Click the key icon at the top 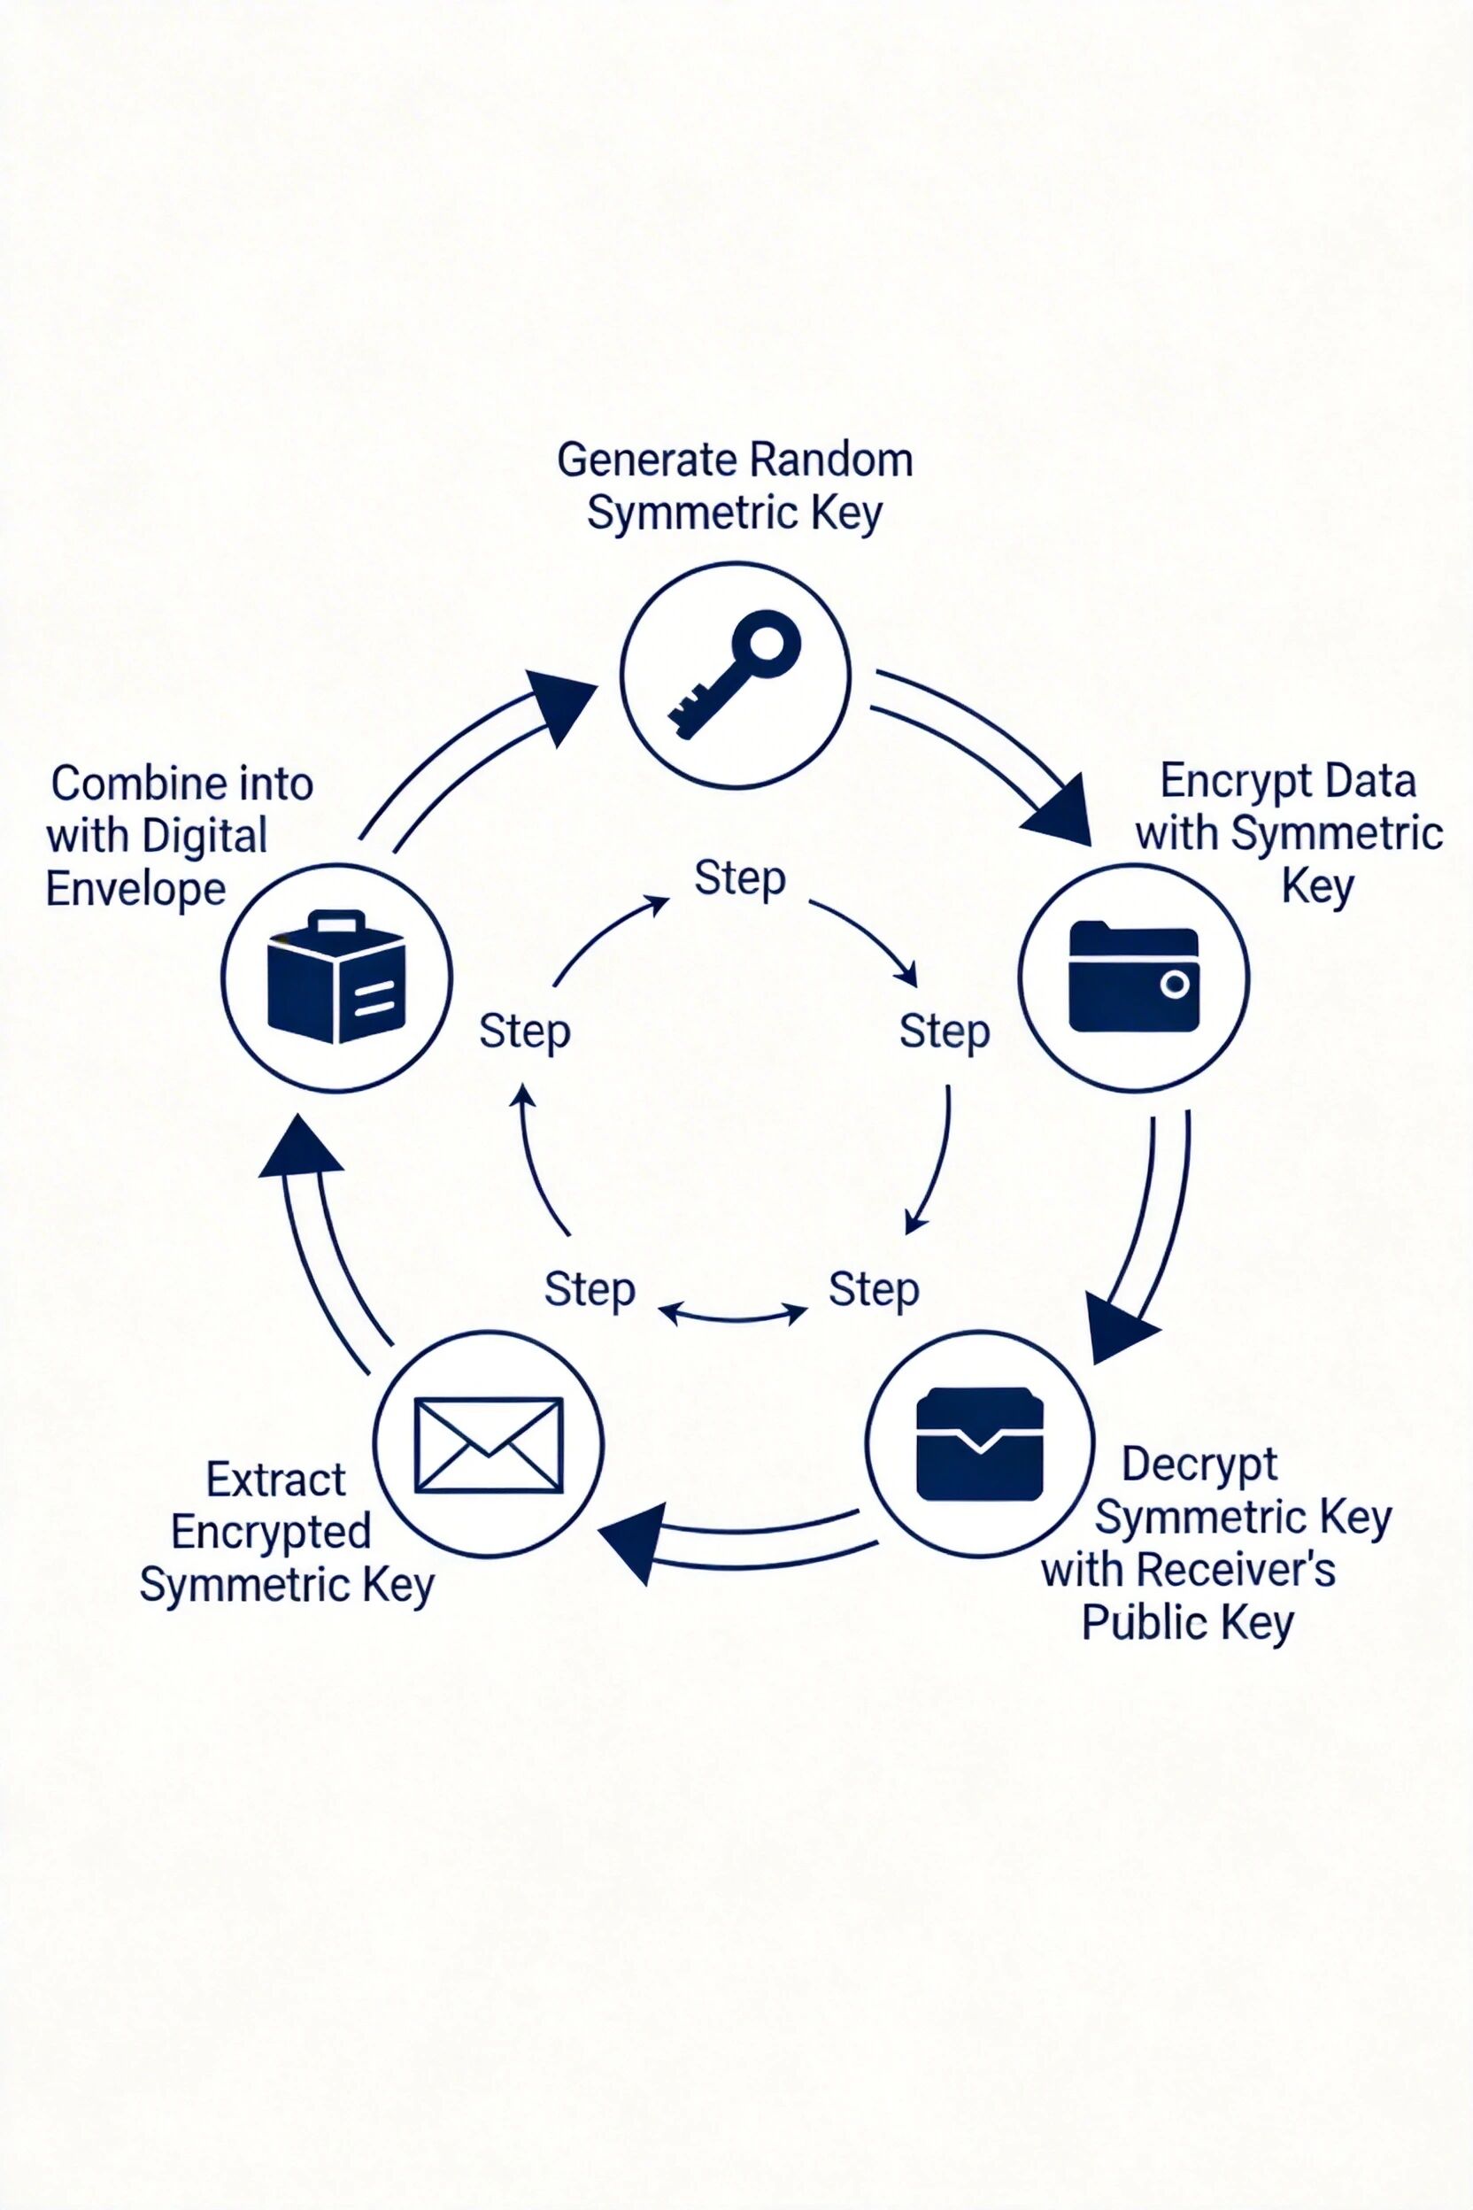pos(735,675)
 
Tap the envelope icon pos(489,1444)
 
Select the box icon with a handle pos(336,977)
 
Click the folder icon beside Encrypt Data pos(1134,977)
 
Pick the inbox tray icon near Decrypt pos(980,1444)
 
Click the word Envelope pos(136,889)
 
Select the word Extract pos(275,1480)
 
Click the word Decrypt pos(1199,1464)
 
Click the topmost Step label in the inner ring pos(739,878)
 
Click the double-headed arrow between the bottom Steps pos(733,1313)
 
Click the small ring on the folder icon pos(1175,985)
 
